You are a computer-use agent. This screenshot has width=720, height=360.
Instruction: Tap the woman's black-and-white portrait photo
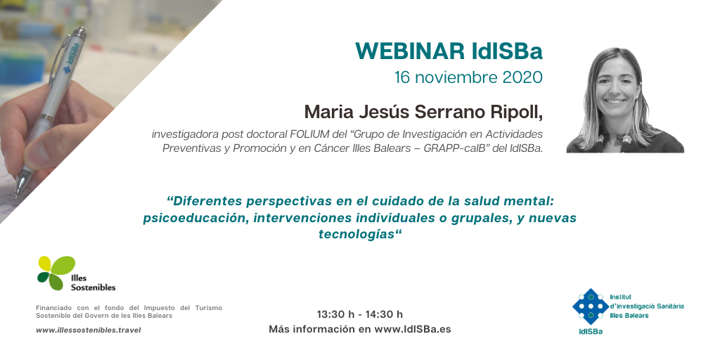tap(625, 100)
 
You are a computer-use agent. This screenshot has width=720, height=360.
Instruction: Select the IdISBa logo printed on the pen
tap(72, 58)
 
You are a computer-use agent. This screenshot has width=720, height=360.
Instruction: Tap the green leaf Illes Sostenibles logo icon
tap(56, 272)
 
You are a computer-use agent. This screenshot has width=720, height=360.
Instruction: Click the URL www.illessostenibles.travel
tap(89, 330)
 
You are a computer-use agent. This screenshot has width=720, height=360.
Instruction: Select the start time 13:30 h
tap(335, 314)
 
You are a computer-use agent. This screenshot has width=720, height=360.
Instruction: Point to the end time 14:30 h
tap(384, 314)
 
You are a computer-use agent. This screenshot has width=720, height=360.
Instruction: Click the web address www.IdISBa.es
tap(413, 329)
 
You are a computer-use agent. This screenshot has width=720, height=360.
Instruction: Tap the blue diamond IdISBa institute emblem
tap(590, 307)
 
